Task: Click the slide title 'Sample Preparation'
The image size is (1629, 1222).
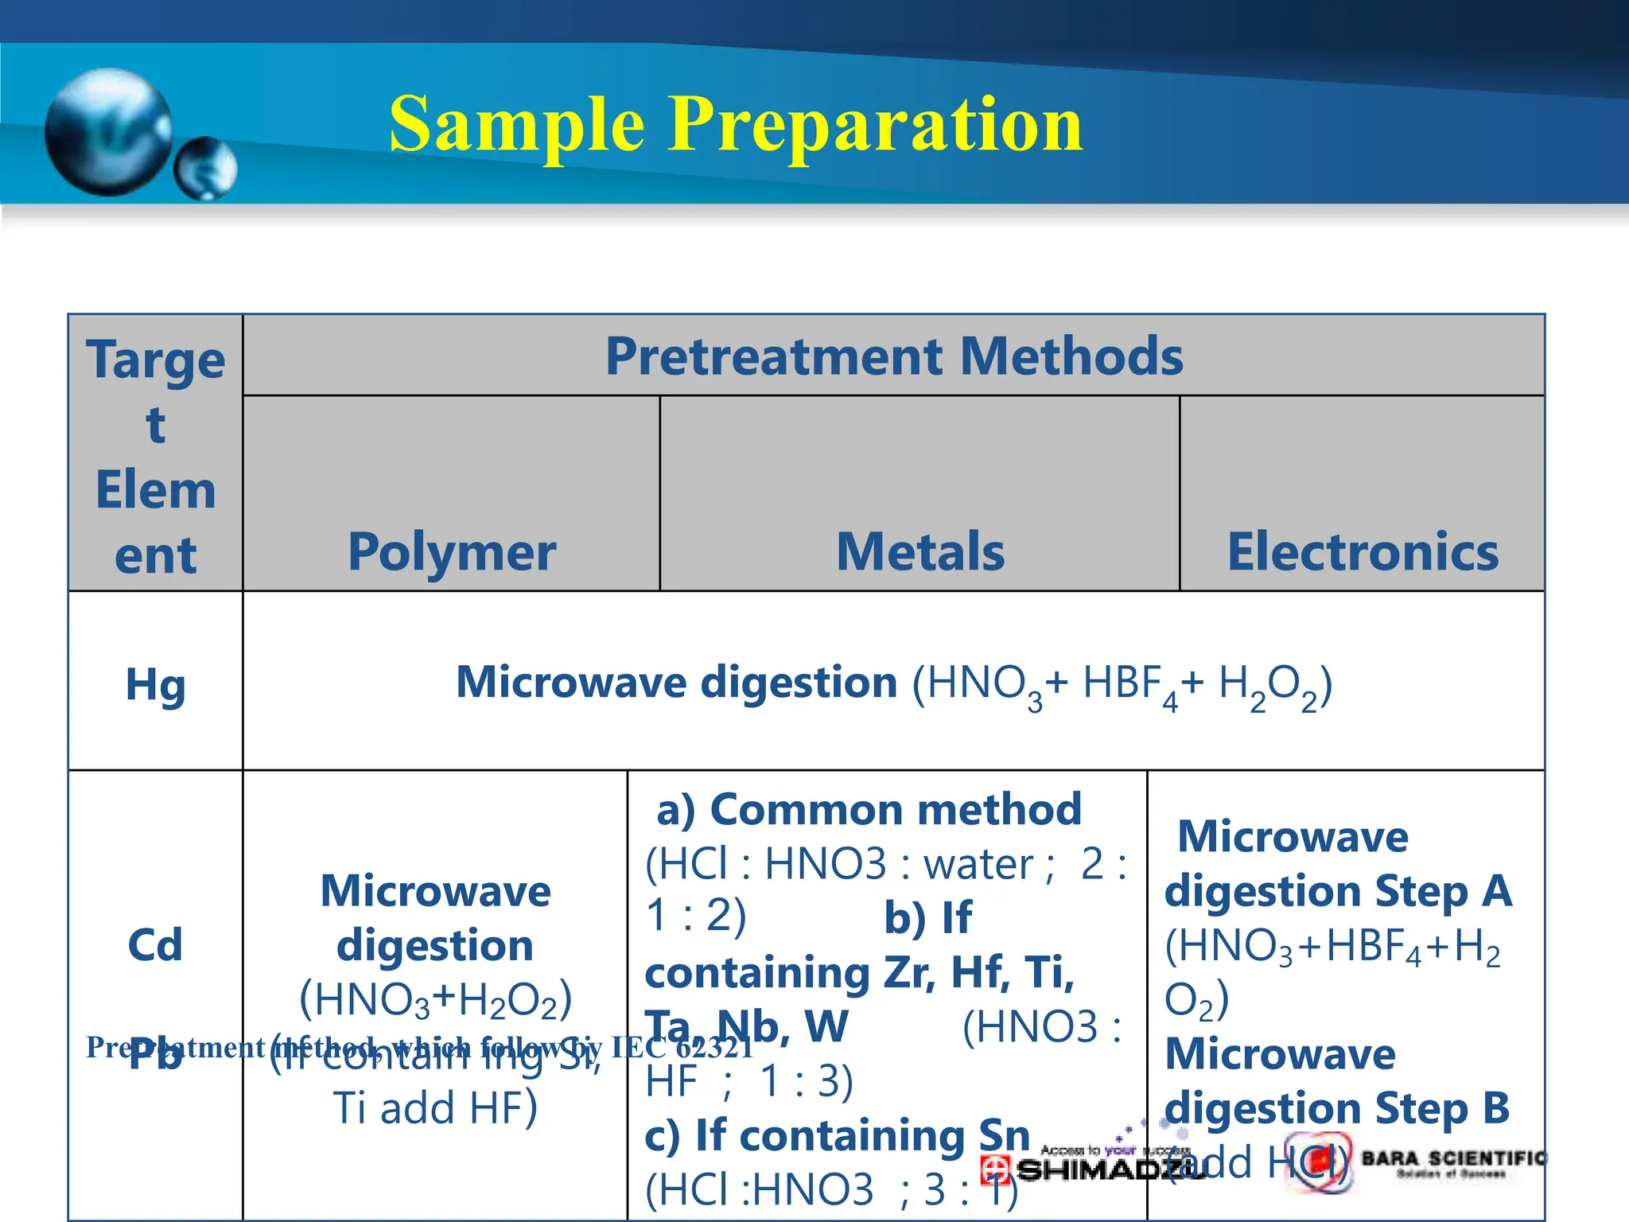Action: (x=736, y=125)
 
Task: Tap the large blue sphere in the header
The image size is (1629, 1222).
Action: (x=109, y=131)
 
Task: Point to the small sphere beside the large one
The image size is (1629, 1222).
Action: (x=206, y=168)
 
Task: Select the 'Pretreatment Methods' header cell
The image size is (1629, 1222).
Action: (x=893, y=356)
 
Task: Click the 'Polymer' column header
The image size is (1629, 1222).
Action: (x=452, y=551)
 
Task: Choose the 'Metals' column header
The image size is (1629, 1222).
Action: (x=920, y=551)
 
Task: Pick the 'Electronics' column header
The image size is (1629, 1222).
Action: (x=1363, y=551)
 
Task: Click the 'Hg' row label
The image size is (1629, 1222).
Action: (x=156, y=684)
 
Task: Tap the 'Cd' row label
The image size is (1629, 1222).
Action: (x=155, y=945)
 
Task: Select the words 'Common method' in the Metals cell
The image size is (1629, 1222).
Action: (x=895, y=809)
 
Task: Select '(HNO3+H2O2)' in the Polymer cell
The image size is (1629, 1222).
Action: (x=435, y=999)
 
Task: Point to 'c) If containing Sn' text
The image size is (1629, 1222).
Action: (x=837, y=1135)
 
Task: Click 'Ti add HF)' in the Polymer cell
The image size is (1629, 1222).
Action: (x=435, y=1108)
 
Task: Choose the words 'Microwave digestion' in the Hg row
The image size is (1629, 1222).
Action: (x=676, y=683)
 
